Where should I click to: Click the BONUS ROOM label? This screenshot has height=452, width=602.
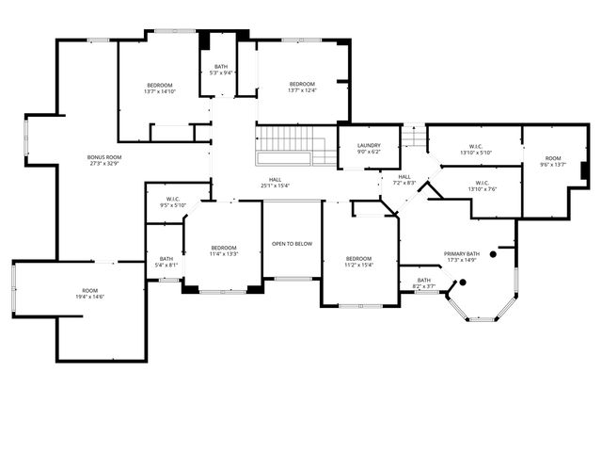pos(104,157)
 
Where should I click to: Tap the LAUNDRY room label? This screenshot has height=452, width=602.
pos(369,145)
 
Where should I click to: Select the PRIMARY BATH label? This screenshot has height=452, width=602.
pos(462,253)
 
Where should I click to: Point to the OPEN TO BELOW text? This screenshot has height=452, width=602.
pos(292,244)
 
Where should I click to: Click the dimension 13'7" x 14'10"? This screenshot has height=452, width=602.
pos(159,91)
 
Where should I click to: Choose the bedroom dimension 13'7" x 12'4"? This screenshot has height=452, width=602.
pos(302,90)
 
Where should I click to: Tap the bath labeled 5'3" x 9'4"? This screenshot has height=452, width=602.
pos(221,73)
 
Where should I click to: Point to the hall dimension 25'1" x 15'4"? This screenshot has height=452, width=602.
pos(276,186)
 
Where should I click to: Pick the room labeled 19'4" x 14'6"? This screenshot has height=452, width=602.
pos(89,297)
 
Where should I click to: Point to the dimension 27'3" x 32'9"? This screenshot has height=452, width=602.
pos(104,164)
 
